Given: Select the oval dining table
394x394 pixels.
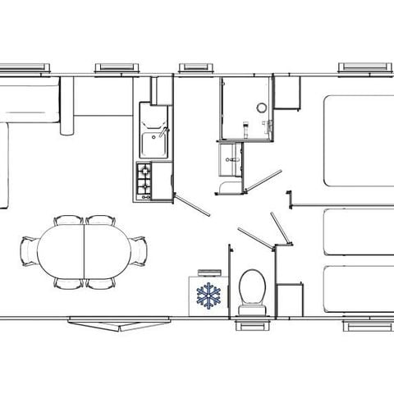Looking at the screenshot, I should click(x=85, y=252).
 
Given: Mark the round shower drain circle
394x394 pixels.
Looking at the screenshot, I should click(x=261, y=107).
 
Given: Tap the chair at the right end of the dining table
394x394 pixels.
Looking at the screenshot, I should click(x=142, y=251).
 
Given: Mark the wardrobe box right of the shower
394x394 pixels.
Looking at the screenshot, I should click(x=287, y=94).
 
